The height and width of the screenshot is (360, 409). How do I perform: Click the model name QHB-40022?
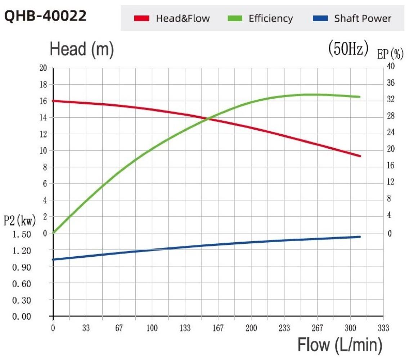(45, 16)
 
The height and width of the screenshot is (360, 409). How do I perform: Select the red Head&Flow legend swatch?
(141, 18)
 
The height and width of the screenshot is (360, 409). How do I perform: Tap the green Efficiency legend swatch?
(235, 18)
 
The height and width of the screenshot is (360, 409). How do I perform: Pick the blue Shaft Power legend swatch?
(320, 18)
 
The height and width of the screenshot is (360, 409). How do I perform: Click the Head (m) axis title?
(82, 50)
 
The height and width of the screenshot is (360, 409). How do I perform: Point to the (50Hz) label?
(348, 49)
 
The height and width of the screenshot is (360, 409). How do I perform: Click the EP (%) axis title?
(390, 54)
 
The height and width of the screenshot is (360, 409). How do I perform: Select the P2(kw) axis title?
(19, 221)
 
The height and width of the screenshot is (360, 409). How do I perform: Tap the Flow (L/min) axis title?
(340, 345)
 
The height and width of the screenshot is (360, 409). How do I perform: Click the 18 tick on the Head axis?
(43, 85)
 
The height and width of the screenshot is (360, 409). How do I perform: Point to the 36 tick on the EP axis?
(391, 83)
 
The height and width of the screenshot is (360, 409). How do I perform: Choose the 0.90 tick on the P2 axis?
(22, 267)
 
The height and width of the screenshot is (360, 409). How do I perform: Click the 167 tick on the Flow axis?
(218, 328)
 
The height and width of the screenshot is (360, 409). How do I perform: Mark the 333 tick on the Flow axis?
(383, 328)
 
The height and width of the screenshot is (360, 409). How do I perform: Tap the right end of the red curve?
(360, 156)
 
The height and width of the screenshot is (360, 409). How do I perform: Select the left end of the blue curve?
(53, 260)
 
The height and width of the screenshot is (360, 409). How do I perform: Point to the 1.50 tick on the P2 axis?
(22, 234)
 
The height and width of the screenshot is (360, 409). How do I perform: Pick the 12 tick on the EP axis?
(391, 182)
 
